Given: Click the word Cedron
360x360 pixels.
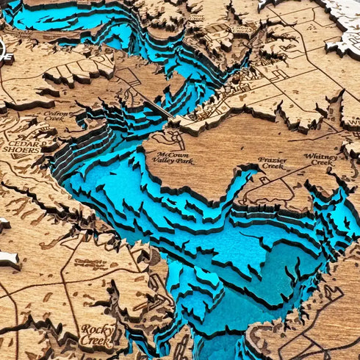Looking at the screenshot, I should coord(55,114).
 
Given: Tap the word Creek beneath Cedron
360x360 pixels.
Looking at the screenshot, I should coord(55,120).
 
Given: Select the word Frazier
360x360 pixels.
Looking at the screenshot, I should coord(272,159).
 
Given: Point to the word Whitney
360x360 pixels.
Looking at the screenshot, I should coord(321,156).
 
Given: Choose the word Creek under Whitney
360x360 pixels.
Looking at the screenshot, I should coord(321,163).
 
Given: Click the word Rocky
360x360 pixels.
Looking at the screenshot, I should coord(97,329).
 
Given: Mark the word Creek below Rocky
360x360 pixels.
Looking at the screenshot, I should coord(97,341).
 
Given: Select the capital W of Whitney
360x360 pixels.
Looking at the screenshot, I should coord(308,156).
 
